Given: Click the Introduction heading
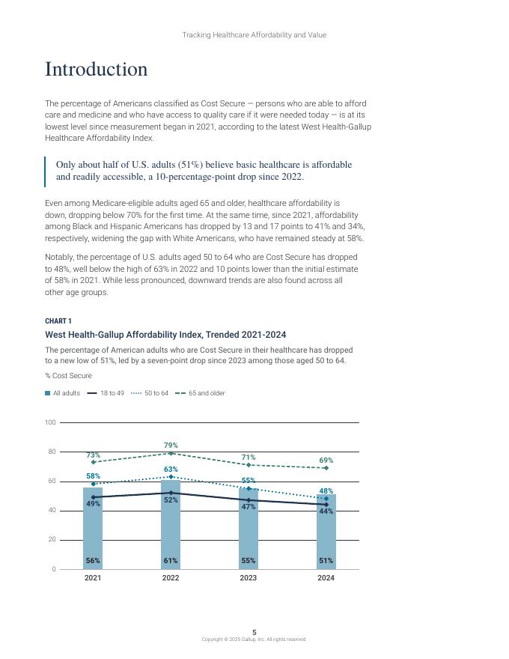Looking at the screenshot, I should click(x=97, y=70).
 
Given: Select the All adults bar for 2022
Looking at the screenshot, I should click(x=171, y=532).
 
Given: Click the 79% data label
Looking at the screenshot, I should click(x=171, y=446).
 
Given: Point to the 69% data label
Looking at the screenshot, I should click(x=326, y=460).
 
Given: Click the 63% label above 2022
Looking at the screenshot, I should click(x=171, y=469).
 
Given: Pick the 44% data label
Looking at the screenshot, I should click(x=326, y=511).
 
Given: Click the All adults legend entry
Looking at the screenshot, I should click(x=63, y=393).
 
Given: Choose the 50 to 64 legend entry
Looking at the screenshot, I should click(x=150, y=393).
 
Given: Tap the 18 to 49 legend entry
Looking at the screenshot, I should click(x=106, y=393).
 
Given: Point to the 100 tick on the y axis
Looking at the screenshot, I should click(x=50, y=422).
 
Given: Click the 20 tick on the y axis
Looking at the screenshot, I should click(x=52, y=540).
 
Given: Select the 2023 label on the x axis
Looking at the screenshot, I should click(x=249, y=578).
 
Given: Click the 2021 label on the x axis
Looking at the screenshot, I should click(x=93, y=578).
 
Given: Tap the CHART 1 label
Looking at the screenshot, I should click(x=58, y=321).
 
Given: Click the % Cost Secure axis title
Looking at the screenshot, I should click(x=68, y=376).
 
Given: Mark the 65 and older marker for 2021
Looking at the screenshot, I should click(x=93, y=462).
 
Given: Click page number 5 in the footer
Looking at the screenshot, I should click(x=254, y=633).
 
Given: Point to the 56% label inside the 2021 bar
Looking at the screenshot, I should click(x=93, y=560).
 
